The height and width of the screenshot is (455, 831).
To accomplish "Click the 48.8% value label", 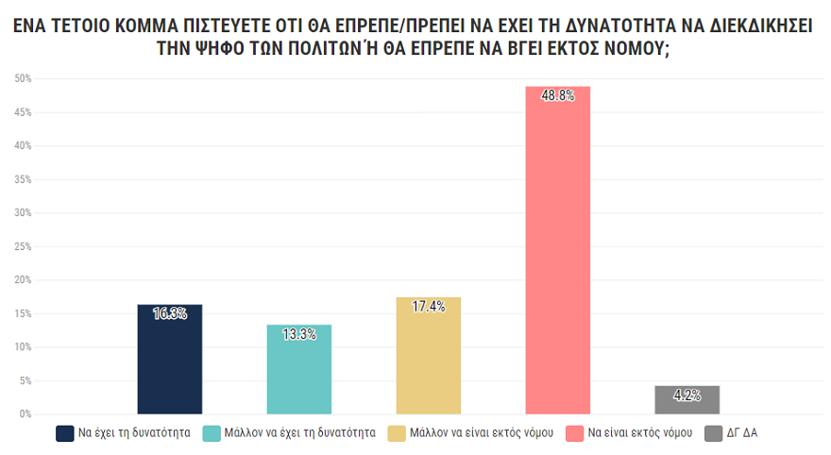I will pos(558,95).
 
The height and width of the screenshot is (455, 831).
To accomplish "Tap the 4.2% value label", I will pos(687,396).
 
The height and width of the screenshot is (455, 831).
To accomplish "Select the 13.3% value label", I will pos(299,334).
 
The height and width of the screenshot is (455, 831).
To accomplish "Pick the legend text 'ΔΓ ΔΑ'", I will pos(742,433).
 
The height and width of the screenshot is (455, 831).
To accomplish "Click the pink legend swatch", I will pos(573,433).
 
